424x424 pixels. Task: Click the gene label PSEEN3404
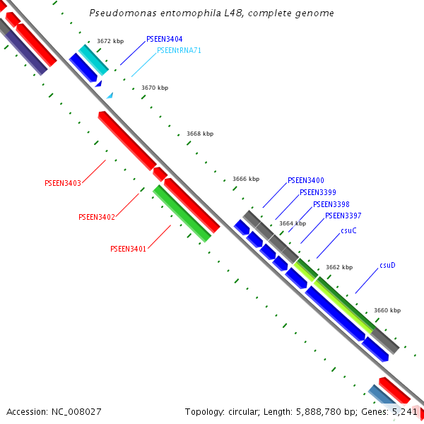point(164,39)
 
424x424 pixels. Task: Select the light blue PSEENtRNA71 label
point(179,50)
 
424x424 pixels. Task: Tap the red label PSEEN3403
point(62,183)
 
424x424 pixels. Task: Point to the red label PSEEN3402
point(96,217)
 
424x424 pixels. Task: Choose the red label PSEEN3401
point(128,249)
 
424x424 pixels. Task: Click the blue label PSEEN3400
point(305,180)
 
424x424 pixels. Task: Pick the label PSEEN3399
point(317,192)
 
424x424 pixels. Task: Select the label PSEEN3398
point(331,204)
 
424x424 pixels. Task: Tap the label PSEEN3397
point(343,216)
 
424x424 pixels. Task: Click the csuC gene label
point(348,230)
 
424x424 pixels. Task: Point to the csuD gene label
point(387,266)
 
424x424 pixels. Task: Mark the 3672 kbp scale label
point(110,42)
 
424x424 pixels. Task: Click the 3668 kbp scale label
point(200,134)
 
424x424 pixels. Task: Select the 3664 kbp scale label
point(293,223)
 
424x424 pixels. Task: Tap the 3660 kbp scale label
point(387,310)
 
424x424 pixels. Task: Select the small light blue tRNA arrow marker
point(110,95)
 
